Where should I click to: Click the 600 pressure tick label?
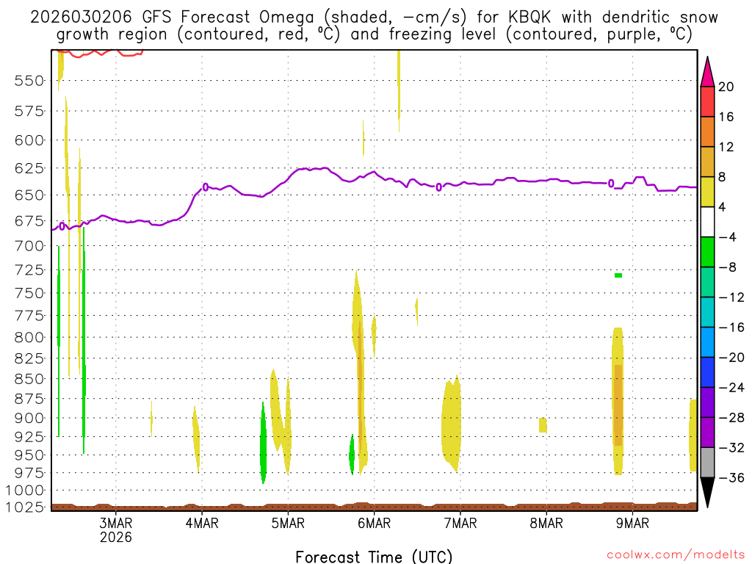(x=29, y=140)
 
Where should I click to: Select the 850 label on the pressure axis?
(x=29, y=378)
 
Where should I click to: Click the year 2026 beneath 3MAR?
(x=116, y=537)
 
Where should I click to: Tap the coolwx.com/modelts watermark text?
(x=675, y=554)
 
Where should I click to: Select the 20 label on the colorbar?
(x=726, y=87)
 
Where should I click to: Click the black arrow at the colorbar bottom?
(x=707, y=492)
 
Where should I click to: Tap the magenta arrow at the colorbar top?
(x=707, y=71)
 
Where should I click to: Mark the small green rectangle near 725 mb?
(x=618, y=275)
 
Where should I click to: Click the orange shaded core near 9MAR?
(x=618, y=404)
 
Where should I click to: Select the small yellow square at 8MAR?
(x=543, y=424)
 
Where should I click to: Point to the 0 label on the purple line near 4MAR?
(x=206, y=187)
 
